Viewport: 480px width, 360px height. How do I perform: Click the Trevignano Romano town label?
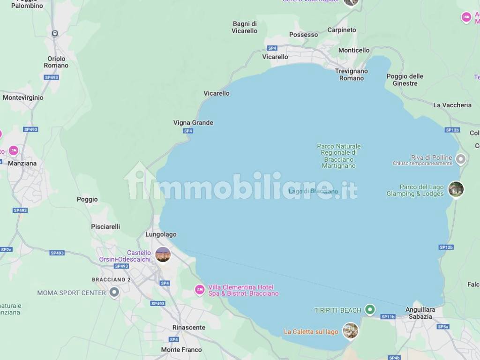351,75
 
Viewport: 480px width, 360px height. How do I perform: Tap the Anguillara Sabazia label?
420,313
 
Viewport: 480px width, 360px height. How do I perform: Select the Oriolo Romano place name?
56,62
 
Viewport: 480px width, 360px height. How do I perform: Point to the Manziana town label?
22,164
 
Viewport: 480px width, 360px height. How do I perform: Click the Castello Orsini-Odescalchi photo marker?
163,254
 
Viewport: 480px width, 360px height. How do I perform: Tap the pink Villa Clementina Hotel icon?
200,290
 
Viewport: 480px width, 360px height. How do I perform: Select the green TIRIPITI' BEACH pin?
370,309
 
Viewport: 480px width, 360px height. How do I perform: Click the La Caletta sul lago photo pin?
350,330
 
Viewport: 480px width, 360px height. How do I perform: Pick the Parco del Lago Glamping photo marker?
456,189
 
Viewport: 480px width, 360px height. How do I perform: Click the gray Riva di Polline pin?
461,159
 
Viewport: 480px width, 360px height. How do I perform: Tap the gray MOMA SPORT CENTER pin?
114,293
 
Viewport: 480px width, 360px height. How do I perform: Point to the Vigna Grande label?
193,123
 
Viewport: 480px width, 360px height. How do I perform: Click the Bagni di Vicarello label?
244,27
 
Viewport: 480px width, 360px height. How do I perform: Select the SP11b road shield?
388,317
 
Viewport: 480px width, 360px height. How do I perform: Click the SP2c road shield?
6,250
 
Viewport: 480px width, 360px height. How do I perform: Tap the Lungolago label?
161,234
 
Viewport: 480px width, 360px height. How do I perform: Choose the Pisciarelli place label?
105,226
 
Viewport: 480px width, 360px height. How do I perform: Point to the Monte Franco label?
181,350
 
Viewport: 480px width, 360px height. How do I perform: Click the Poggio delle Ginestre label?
405,80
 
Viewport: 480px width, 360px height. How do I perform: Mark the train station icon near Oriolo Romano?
55,33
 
